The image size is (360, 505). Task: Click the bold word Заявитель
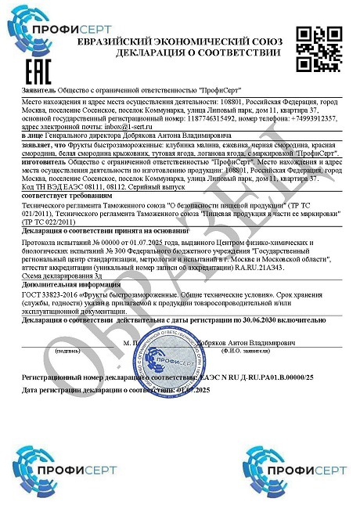[39, 91]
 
